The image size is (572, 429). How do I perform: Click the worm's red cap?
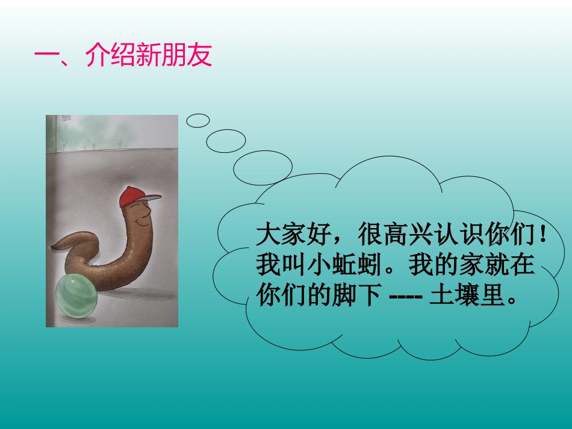pos(136,195)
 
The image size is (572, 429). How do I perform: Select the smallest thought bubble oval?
pos(197,120)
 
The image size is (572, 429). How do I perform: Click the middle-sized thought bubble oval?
pos(226,141)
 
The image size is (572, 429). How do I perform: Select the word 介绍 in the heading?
pos(111,56)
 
